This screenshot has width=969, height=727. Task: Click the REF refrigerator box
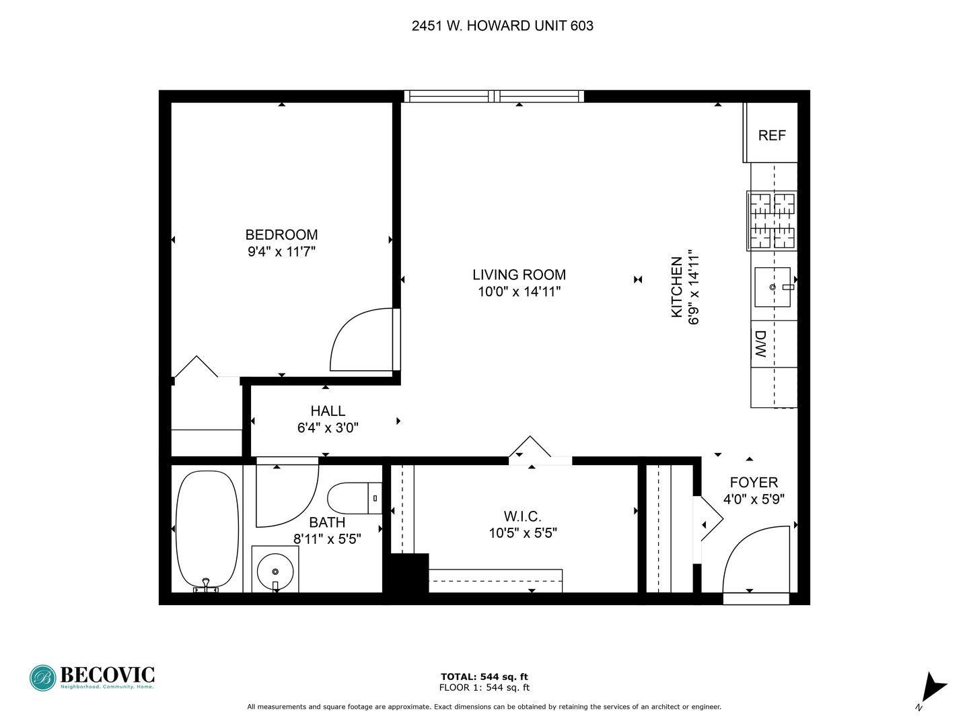click(x=770, y=133)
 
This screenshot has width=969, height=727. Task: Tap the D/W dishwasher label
click(x=761, y=343)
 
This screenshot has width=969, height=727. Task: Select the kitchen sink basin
click(x=772, y=287)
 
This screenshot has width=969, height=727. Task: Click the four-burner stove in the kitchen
click(x=772, y=221)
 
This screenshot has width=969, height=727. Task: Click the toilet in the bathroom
click(x=355, y=498)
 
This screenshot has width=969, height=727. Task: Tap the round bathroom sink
click(x=275, y=571)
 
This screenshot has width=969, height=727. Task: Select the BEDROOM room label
click(x=281, y=234)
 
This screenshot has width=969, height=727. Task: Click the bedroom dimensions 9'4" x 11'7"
click(x=281, y=252)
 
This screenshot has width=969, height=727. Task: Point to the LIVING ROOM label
click(x=519, y=275)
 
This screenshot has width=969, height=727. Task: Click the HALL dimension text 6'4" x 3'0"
click(x=328, y=427)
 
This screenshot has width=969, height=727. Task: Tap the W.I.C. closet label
click(x=522, y=516)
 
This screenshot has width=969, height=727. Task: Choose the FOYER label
click(x=754, y=482)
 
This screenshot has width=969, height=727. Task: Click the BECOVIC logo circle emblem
click(x=43, y=678)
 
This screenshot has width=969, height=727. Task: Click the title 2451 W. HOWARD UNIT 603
click(x=503, y=26)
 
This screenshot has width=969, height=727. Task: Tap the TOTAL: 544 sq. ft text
click(x=485, y=677)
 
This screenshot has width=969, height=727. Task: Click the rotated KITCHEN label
click(x=677, y=287)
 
